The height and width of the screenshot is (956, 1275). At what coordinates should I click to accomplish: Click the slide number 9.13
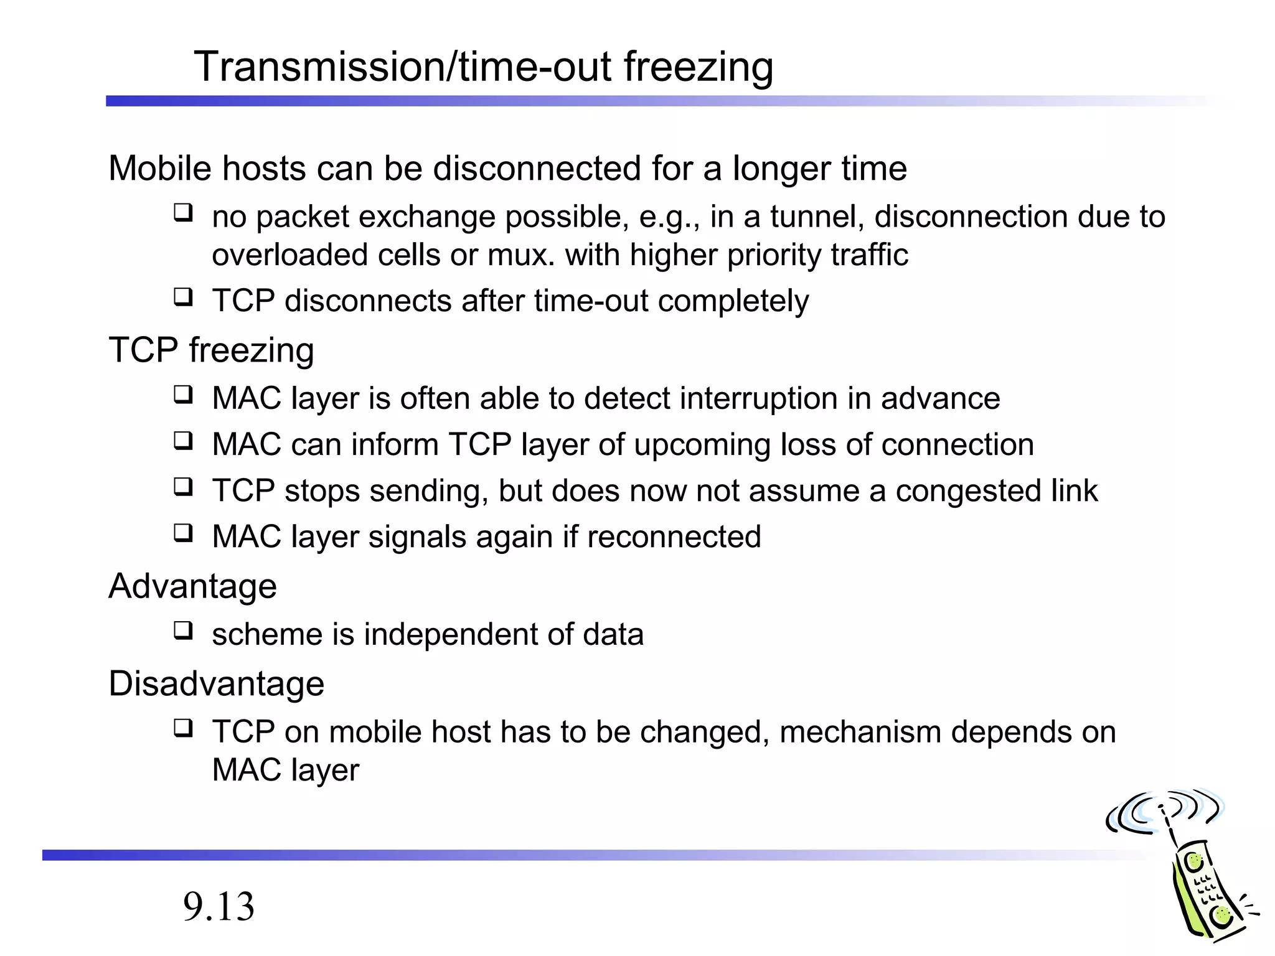(219, 907)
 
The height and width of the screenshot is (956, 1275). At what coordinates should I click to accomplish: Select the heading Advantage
(192, 586)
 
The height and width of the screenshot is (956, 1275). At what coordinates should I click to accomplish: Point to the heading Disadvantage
(216, 683)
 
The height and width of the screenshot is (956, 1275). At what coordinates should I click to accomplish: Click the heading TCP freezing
(211, 350)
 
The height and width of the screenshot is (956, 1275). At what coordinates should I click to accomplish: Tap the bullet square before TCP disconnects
(183, 297)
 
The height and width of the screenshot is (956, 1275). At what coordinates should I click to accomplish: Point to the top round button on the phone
(1194, 862)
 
